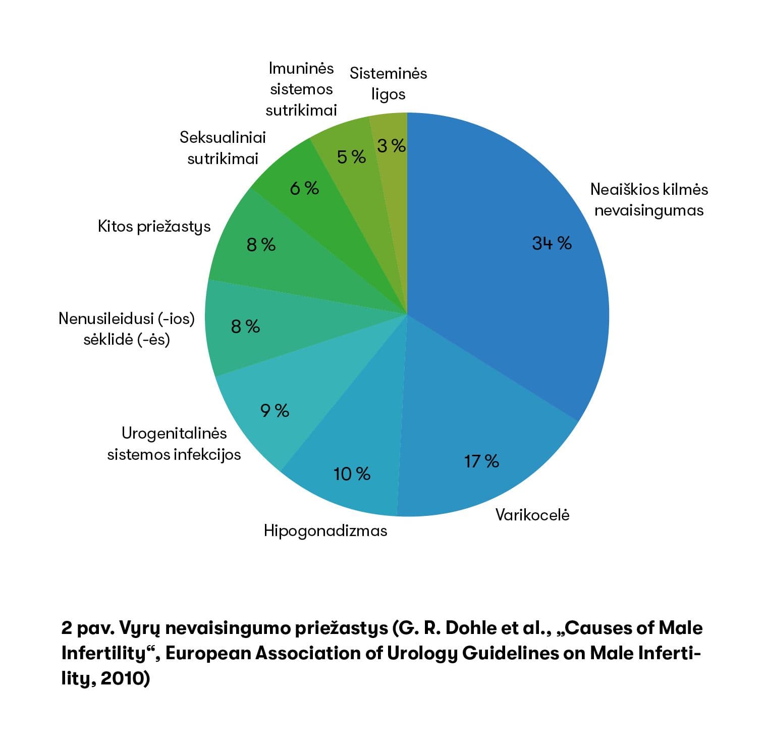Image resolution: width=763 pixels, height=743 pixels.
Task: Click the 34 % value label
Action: coord(552,243)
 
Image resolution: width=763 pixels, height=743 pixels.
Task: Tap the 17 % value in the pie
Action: coord(481,461)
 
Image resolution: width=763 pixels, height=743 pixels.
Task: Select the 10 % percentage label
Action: coord(352,474)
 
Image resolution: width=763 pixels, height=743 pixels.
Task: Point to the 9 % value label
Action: coord(275,410)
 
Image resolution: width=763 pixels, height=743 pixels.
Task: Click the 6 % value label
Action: coord(304,188)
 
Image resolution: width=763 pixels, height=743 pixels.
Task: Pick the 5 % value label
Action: coord(351,157)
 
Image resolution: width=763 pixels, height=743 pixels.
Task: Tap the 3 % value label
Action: coord(392,146)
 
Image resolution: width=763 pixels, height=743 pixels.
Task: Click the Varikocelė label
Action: coord(532,515)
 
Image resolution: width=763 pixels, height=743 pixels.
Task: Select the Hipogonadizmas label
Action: coord(325,531)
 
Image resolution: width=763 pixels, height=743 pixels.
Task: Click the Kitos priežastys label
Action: coord(154,227)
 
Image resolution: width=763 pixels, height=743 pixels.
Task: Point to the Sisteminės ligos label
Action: coord(388,84)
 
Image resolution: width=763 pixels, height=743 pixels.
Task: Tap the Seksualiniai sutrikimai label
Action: coord(223,148)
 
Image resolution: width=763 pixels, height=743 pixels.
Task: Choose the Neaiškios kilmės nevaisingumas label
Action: coord(649,199)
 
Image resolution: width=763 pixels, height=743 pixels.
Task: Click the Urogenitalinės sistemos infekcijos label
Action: coord(174,444)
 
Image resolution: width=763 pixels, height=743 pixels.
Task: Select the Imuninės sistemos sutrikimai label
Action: coord(301,89)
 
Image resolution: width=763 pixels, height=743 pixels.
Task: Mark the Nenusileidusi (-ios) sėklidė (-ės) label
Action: coord(127,329)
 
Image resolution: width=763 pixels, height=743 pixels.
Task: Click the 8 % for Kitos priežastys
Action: coord(261,245)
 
